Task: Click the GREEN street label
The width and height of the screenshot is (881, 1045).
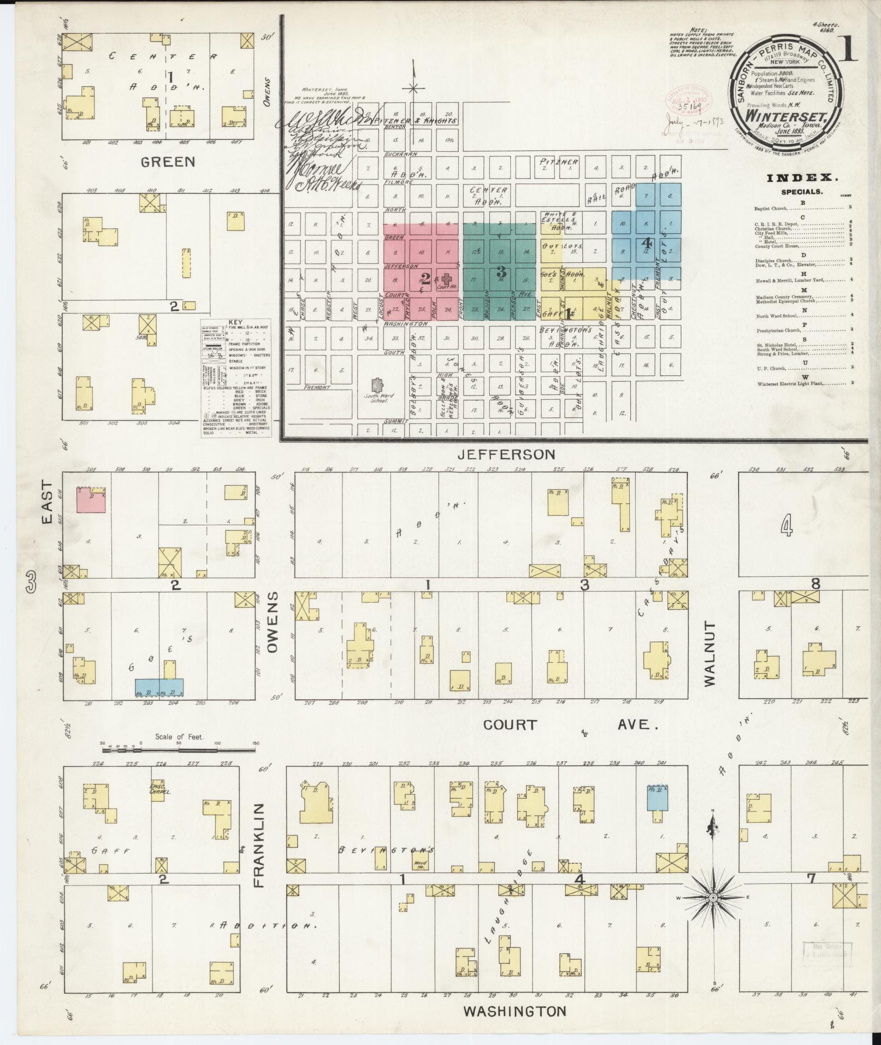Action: tap(168, 162)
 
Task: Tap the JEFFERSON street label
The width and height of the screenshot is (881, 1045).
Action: tap(506, 454)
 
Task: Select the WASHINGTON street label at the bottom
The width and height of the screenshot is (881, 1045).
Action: tap(515, 1012)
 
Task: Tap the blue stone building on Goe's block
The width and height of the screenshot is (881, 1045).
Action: tap(159, 687)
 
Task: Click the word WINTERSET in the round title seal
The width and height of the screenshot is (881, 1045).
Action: tap(782, 116)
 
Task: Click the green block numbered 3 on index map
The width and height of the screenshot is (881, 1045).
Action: tap(500, 271)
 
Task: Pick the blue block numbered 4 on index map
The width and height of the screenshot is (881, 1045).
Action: tap(646, 242)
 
